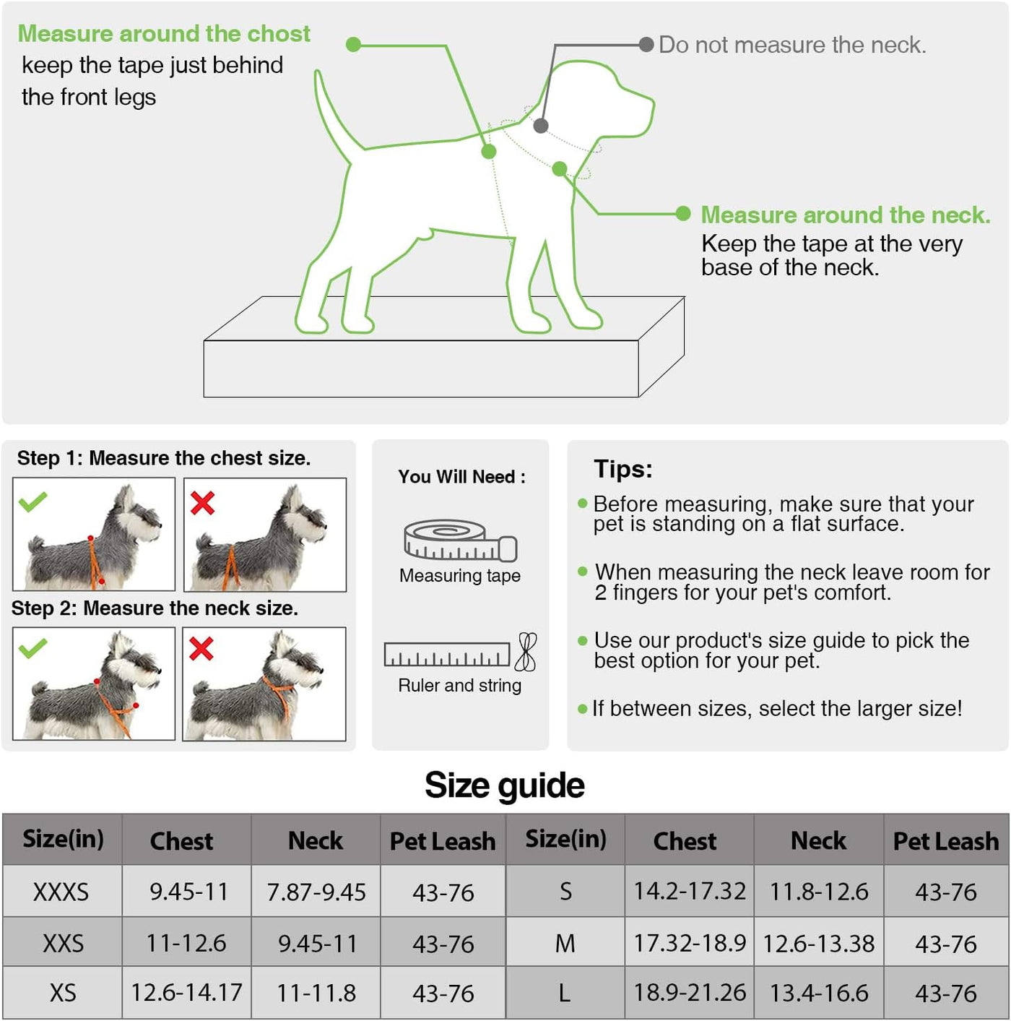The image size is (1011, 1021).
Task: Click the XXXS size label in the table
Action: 61,892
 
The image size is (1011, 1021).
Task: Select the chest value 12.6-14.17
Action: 186,992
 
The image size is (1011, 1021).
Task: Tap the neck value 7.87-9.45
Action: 316,892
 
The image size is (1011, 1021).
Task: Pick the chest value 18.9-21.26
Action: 690,992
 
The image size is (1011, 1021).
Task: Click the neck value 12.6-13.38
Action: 818,944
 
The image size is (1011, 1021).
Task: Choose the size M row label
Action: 565,944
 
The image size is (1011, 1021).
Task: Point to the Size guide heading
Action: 505,785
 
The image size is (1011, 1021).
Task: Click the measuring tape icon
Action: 460,540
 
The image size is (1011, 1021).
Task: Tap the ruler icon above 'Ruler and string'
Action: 447,655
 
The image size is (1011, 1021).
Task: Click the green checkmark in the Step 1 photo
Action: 32,501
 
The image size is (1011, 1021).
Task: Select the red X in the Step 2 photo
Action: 201,648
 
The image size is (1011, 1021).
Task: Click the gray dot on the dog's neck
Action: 541,126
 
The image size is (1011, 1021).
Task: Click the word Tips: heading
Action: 623,469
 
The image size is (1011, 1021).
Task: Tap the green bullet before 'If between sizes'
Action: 583,709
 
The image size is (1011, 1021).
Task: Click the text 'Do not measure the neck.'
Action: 792,45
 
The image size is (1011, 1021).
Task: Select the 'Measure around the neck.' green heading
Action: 846,215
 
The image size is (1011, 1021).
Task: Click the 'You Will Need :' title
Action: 461,477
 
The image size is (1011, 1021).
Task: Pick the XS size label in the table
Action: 63,993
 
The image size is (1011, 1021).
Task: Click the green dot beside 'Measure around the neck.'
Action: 683,214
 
